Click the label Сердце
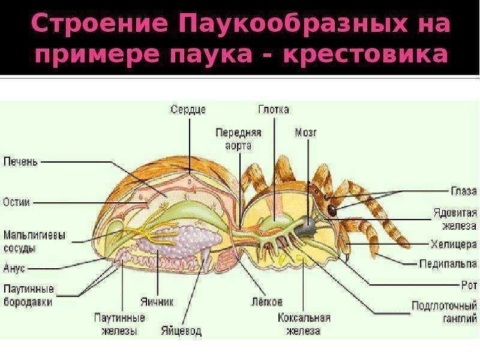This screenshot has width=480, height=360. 188,110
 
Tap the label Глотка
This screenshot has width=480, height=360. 274,110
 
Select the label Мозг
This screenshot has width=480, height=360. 305,131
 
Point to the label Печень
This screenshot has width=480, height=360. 21,161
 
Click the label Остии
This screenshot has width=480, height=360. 17,202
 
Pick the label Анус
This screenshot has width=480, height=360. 14,269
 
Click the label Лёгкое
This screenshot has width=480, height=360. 267,302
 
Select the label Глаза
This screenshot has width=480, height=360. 463,191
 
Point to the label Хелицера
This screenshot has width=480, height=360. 454,244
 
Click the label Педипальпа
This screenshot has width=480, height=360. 448,263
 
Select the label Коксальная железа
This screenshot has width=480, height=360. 304,324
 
